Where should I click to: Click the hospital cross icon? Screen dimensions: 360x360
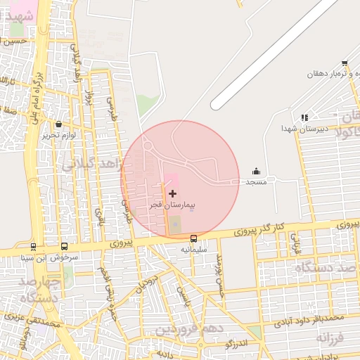[x=173, y=193]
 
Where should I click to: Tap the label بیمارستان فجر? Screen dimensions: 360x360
[x=172, y=205]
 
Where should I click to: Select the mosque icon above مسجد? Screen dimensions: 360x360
[x=255, y=171]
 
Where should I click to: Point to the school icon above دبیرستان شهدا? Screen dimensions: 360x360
[x=304, y=117]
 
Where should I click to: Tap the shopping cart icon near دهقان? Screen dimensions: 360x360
[x=345, y=63]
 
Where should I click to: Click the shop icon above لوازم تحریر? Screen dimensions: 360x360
[x=58, y=124]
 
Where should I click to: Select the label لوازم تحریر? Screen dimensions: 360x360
[x=58, y=134]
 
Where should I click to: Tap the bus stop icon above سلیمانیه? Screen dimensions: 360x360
[x=194, y=238]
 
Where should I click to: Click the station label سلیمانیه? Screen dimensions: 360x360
[x=194, y=249]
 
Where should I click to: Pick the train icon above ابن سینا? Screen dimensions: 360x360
[x=32, y=247]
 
